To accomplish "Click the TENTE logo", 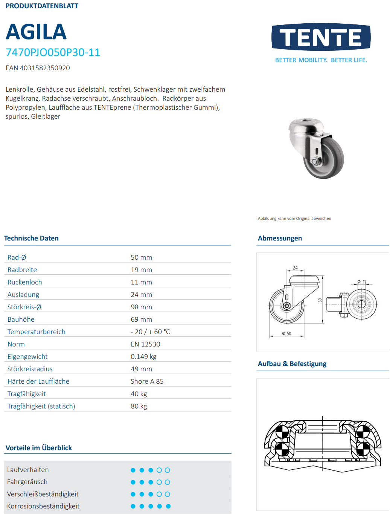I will pyautogui.click(x=321, y=37).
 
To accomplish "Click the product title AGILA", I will pyautogui.click(x=36, y=32).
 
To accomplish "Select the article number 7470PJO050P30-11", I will pyautogui.click(x=53, y=52).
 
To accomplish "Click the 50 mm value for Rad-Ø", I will pyautogui.click(x=141, y=257).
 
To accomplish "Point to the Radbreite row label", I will pyautogui.click(x=22, y=270).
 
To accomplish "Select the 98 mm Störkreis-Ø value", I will pyautogui.click(x=141, y=307).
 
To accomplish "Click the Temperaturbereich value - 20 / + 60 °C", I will pyautogui.click(x=150, y=332).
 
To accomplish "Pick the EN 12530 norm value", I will pyautogui.click(x=145, y=344).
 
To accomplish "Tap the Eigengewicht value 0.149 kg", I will pyautogui.click(x=143, y=357).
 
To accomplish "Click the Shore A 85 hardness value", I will pyautogui.click(x=147, y=381).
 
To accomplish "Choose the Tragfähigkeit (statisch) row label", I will pyautogui.click(x=41, y=406).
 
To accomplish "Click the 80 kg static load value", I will pyautogui.click(x=139, y=406).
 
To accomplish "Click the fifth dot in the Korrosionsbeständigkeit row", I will pyautogui.click(x=168, y=506).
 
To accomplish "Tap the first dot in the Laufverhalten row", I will pyautogui.click(x=133, y=470).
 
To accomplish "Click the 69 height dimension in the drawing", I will pyautogui.click(x=320, y=300).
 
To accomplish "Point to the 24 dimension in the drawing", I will pyautogui.click(x=295, y=268).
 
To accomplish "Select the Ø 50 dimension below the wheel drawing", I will pyautogui.click(x=287, y=334).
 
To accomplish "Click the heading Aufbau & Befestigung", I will pyautogui.click(x=292, y=364).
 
